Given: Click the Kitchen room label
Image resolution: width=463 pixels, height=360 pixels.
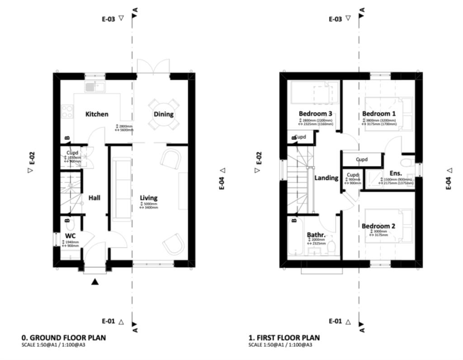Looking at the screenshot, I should click(x=97, y=114).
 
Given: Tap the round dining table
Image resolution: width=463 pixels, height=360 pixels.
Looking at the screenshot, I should click(x=164, y=114).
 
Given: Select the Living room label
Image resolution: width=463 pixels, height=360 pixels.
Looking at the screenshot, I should click(x=148, y=198).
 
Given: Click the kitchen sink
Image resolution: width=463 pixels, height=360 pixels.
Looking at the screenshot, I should click(x=94, y=86).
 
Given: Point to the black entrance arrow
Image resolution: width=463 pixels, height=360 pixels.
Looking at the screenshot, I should click(x=94, y=282).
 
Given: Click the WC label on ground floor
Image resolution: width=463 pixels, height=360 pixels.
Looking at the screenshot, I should click(x=70, y=236).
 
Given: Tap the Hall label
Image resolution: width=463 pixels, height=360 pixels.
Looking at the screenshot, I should click(x=94, y=198).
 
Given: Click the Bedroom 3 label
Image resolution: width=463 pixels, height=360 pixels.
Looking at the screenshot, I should click(x=315, y=113).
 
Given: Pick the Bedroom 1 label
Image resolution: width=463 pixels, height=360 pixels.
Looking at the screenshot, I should click(x=378, y=113).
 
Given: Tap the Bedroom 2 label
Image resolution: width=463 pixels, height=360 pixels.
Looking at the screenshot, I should click(x=378, y=226).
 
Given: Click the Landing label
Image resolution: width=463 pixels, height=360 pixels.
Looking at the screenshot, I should click(x=326, y=178).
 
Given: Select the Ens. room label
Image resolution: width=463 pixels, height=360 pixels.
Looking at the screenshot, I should click(x=396, y=173).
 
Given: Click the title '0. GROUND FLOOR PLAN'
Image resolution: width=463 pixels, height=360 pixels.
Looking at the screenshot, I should click(x=63, y=337).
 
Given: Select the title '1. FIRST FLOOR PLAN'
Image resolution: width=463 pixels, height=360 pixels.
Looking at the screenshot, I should click(x=283, y=337).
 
